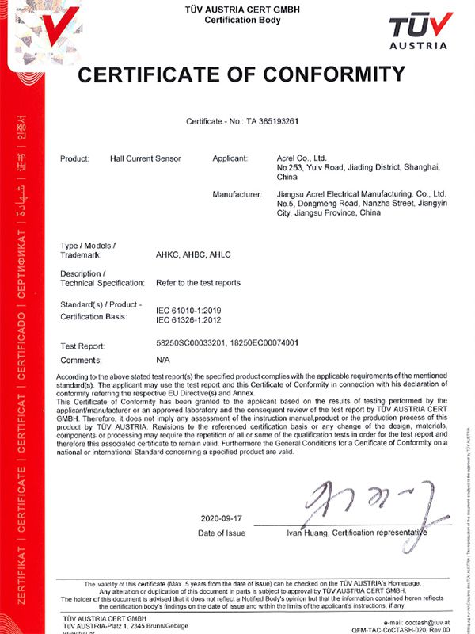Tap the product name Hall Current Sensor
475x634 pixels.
click(146, 158)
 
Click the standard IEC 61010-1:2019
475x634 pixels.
click(190, 310)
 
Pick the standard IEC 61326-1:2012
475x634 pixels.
click(190, 320)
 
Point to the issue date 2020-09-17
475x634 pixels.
click(222, 518)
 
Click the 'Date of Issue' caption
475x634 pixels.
click(222, 533)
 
